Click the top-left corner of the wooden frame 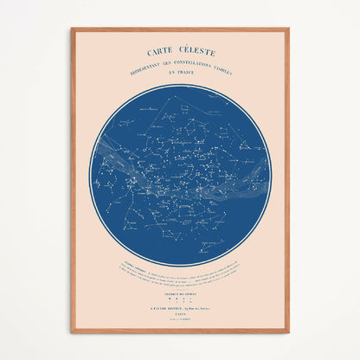(73, 29)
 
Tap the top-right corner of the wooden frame (287, 29)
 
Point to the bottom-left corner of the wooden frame (73, 331)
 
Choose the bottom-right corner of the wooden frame (287, 331)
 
